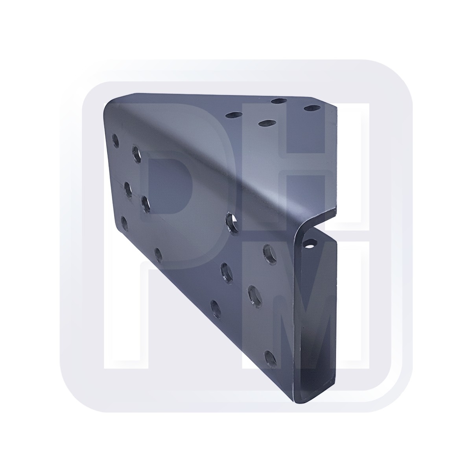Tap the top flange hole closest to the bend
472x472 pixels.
click(x=267, y=122)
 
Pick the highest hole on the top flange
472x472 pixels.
click(x=280, y=100)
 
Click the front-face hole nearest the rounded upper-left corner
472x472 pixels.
click(x=115, y=140)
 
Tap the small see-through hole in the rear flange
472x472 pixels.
click(x=310, y=244)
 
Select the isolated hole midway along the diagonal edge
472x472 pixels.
click(x=159, y=255)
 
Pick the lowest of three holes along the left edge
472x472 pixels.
click(x=124, y=224)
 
